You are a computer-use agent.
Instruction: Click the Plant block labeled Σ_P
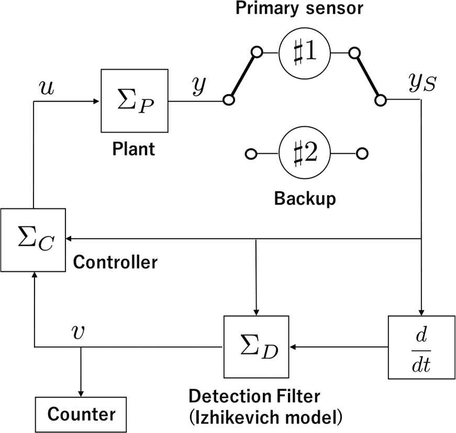pos(135,100)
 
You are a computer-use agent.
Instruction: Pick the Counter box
pos(82,414)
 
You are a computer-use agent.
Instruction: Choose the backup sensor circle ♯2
pos(305,154)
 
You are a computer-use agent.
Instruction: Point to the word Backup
pos(305,199)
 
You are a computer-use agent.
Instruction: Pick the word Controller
pos(115,262)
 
